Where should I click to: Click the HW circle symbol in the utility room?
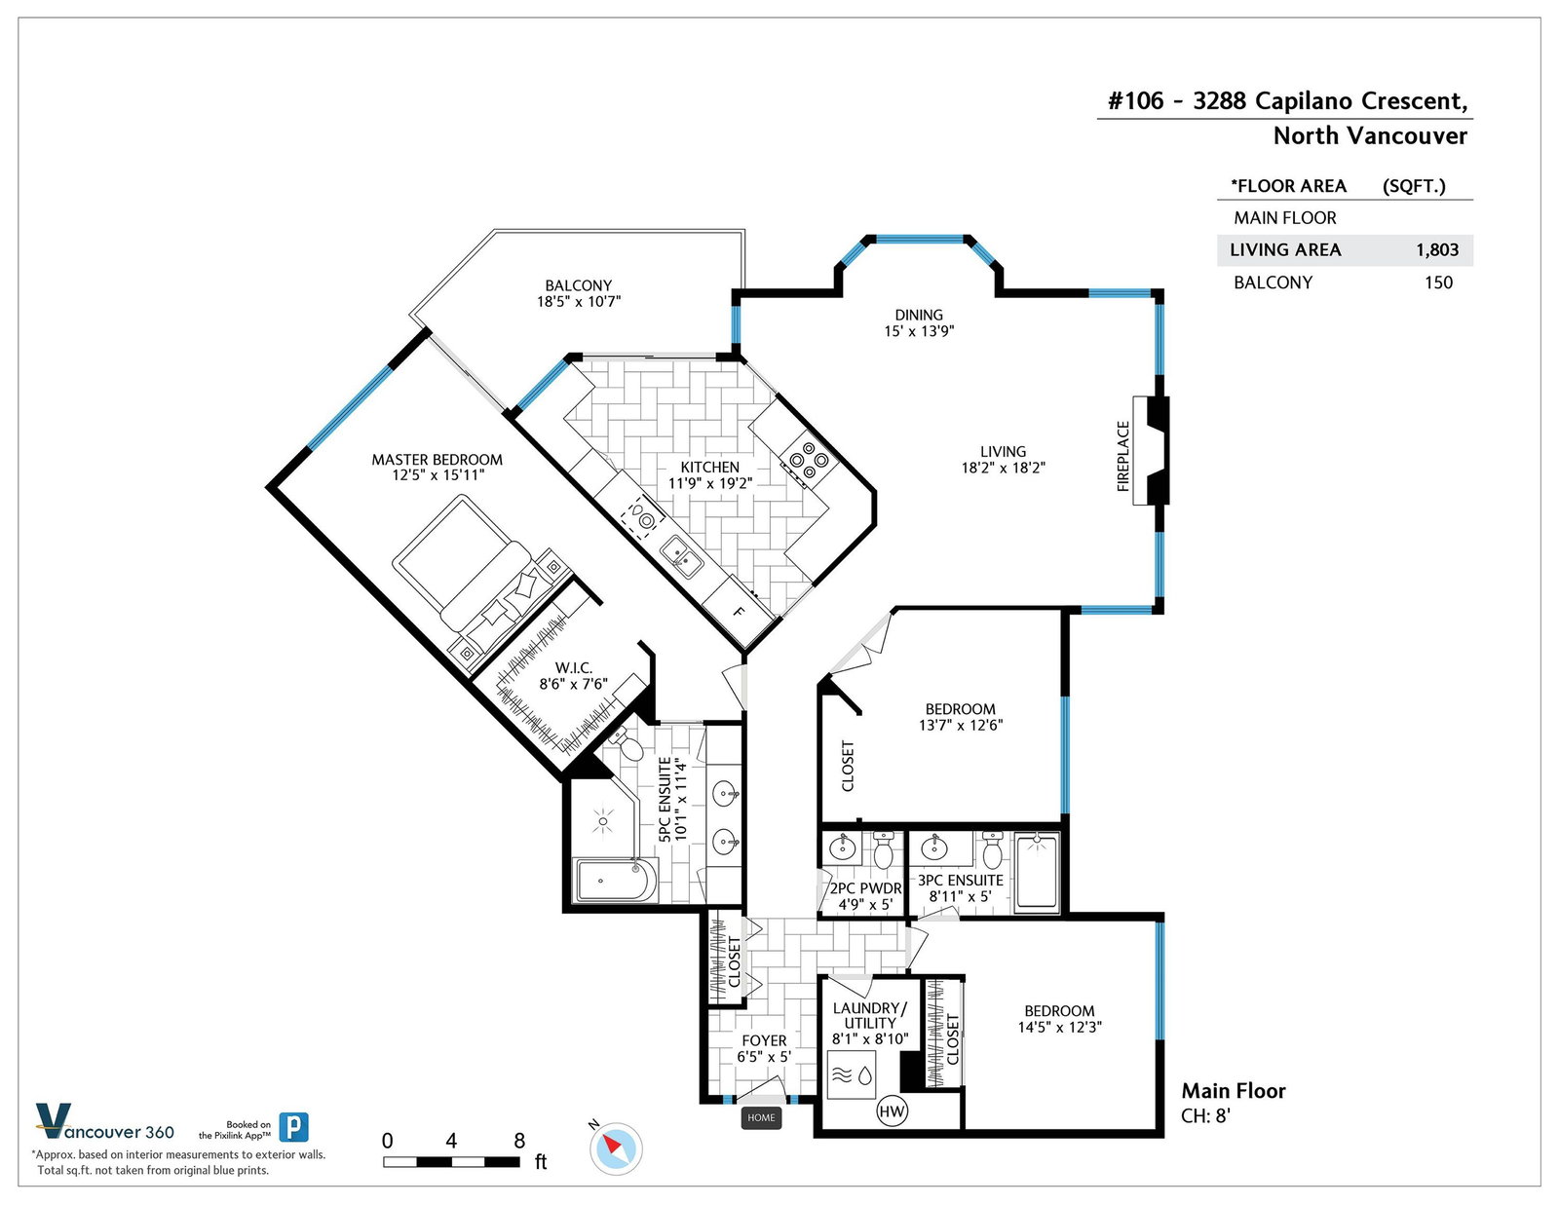pos(892,1111)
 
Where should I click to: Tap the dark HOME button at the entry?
pos(761,1117)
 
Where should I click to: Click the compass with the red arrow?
pos(616,1149)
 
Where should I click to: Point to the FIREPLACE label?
pos(1122,456)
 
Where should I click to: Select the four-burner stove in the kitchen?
pos(809,460)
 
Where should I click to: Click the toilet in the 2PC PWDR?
pos(883,849)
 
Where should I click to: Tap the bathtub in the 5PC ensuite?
pos(616,880)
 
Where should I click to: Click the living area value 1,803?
pos(1437,250)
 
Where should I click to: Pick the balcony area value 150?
pos(1438,282)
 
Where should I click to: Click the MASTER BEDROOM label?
pos(437,460)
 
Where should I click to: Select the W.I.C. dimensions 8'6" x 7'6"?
pos(573,684)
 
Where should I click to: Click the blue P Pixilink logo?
pos(293,1127)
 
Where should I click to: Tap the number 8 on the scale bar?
pos(519,1141)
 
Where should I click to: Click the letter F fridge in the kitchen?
pos(739,612)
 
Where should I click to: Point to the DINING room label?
pos(919,315)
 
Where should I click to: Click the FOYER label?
pos(764,1040)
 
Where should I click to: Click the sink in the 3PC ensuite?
pos(934,847)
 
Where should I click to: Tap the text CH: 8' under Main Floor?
pos(1206,1116)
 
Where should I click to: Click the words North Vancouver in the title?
pos(1370,135)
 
